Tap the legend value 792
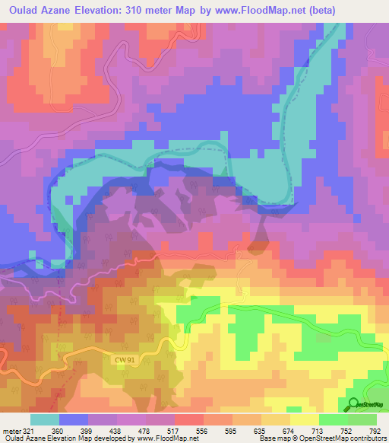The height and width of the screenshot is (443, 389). pos(375,430)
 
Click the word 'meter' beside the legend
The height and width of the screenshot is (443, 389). pos(11,430)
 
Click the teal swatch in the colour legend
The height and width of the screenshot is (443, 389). pos(44,419)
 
